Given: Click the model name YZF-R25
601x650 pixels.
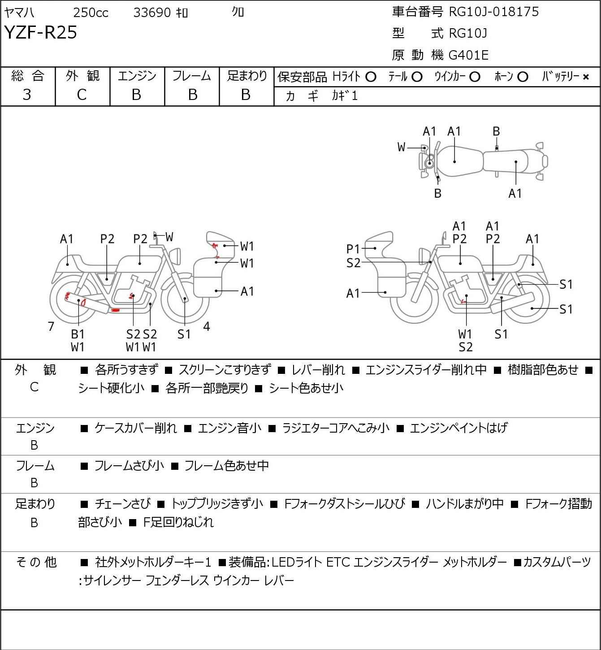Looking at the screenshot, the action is pyautogui.click(x=41, y=32).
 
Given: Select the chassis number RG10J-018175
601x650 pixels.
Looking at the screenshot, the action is pyautogui.click(x=493, y=12).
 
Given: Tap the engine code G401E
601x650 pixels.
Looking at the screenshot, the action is pyautogui.click(x=468, y=55).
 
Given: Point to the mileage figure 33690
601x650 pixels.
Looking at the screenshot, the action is pyautogui.click(x=152, y=13).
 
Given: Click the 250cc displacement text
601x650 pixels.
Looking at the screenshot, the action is pyautogui.click(x=91, y=13).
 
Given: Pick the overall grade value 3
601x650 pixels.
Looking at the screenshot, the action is pyautogui.click(x=27, y=95).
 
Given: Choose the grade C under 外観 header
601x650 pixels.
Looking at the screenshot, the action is pyautogui.click(x=82, y=95).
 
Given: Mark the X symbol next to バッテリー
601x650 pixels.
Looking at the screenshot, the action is pyautogui.click(x=586, y=77).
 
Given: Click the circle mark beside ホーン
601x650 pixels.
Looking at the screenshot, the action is pyautogui.click(x=523, y=77).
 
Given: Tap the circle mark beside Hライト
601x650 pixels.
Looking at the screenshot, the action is pyautogui.click(x=371, y=77).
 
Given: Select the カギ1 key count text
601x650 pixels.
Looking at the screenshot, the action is pyautogui.click(x=345, y=96).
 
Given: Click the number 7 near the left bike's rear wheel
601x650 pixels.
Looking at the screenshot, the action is pyautogui.click(x=51, y=326).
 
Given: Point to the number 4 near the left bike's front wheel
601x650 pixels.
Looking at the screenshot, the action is pyautogui.click(x=206, y=326).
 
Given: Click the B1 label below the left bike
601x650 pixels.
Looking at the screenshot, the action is pyautogui.click(x=78, y=334).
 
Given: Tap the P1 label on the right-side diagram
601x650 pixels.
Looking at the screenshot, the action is pyautogui.click(x=353, y=249).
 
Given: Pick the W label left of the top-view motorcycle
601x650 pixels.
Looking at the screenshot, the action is pyautogui.click(x=401, y=147).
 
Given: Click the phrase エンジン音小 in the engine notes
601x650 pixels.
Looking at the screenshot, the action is pyautogui.click(x=229, y=428).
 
